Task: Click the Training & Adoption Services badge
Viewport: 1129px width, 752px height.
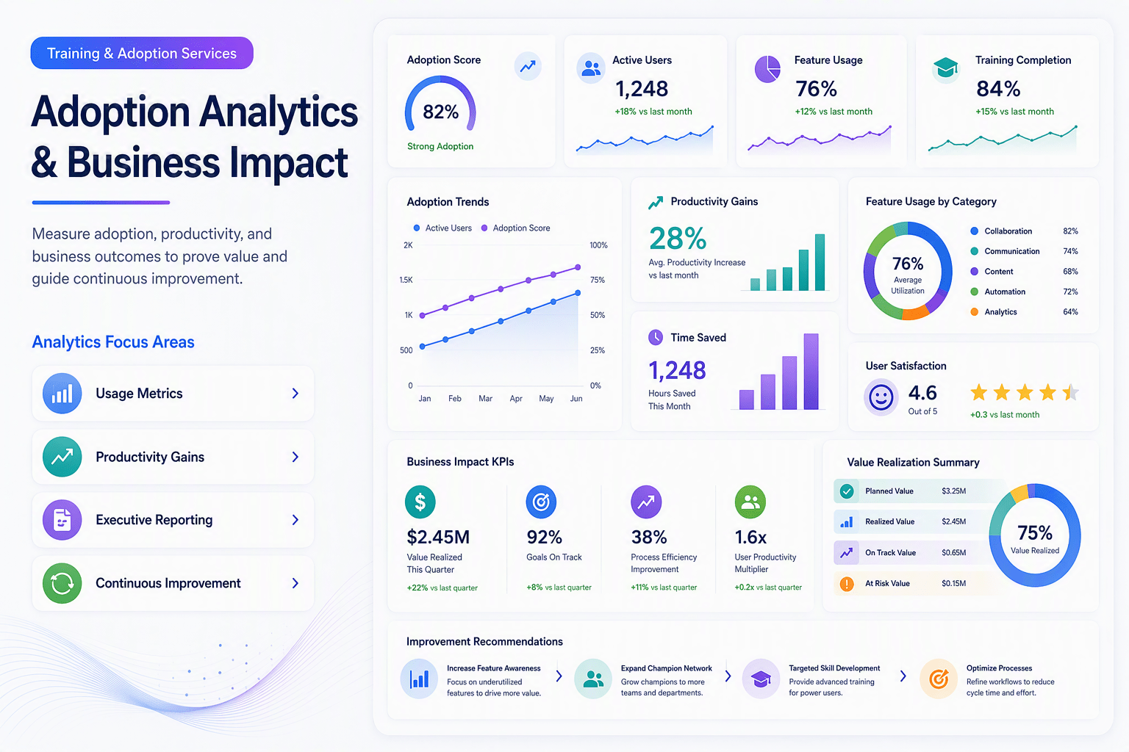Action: click(142, 53)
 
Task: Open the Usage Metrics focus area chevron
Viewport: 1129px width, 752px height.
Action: click(295, 394)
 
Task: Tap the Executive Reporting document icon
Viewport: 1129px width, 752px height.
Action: click(62, 520)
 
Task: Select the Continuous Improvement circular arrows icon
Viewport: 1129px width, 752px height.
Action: click(62, 583)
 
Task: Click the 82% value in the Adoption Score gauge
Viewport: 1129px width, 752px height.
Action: click(440, 112)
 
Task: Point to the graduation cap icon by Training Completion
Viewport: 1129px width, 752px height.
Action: click(945, 68)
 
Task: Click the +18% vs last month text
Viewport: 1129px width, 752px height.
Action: click(653, 112)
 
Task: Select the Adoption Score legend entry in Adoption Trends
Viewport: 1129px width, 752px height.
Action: click(515, 228)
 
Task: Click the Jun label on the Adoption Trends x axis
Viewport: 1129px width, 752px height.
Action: click(576, 399)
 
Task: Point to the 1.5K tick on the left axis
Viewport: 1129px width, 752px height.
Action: click(406, 280)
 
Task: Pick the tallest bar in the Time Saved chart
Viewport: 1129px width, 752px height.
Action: click(811, 371)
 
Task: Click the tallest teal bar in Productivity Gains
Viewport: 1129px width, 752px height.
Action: click(820, 262)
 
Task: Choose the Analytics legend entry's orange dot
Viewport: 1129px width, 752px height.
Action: click(974, 312)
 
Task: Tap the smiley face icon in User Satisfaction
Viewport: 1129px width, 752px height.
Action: click(881, 397)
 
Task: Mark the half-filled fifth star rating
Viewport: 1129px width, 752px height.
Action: click(1070, 392)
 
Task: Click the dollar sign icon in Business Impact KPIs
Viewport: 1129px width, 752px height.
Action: click(420, 502)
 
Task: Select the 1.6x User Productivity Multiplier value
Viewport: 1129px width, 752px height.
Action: click(750, 538)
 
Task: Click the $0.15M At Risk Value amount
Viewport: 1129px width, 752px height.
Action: click(953, 583)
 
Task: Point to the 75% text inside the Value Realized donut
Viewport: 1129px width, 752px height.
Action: click(1035, 532)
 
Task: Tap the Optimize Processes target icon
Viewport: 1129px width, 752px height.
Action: click(939, 679)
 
